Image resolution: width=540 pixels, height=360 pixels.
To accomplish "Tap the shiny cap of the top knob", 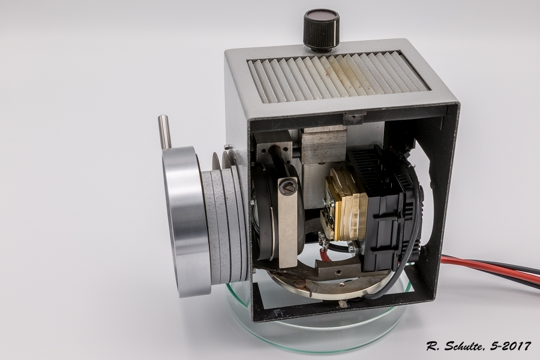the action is tap(321, 15).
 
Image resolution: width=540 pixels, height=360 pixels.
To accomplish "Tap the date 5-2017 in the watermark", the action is tap(509, 346).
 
